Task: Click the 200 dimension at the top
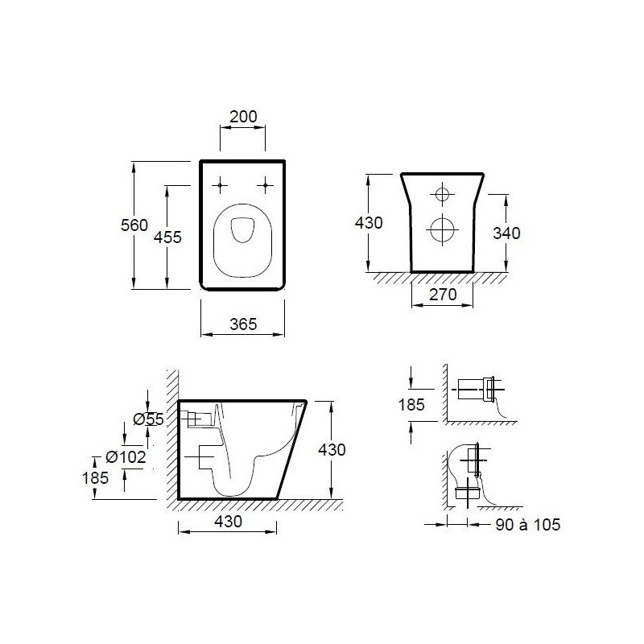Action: click(x=243, y=117)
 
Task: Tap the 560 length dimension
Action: click(x=134, y=225)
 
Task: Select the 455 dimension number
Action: click(x=167, y=237)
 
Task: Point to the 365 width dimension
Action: click(x=243, y=324)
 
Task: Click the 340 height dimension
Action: click(x=506, y=233)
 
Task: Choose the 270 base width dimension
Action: click(x=443, y=295)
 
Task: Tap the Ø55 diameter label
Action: click(x=149, y=419)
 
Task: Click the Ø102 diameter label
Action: click(x=126, y=456)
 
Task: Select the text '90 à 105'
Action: click(x=528, y=525)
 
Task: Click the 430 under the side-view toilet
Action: click(x=229, y=522)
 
